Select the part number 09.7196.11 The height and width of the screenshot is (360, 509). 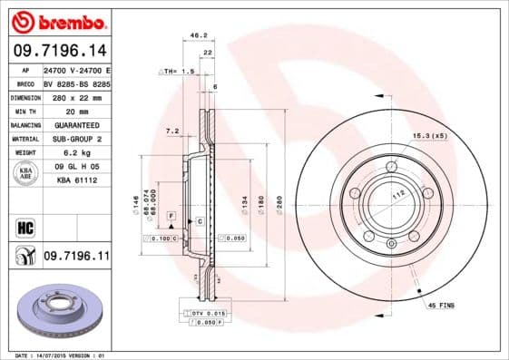click(x=75, y=258)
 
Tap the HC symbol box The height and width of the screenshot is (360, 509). click(x=25, y=226)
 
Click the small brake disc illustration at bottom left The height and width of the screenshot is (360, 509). click(x=55, y=314)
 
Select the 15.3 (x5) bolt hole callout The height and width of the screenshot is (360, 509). click(x=429, y=136)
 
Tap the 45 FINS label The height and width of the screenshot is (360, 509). click(x=441, y=306)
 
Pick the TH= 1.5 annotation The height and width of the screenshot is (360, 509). click(x=179, y=70)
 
